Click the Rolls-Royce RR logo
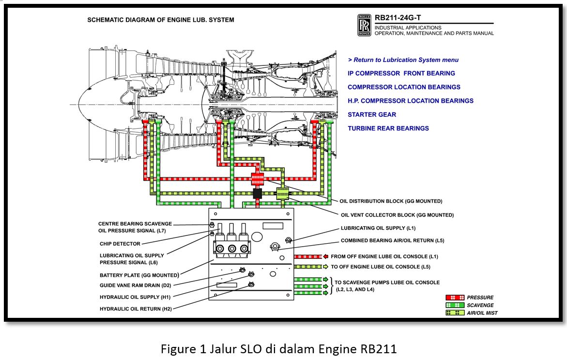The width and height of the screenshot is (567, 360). tap(364, 25)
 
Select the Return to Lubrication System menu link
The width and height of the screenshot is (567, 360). tap(403, 60)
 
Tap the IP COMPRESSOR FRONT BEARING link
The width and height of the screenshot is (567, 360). tap(401, 74)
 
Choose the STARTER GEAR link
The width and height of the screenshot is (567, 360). tap(371, 115)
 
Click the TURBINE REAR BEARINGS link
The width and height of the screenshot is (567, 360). tap(388, 128)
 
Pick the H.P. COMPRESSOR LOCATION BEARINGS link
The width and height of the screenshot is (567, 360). tap(410, 101)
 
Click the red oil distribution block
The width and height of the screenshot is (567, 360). tap(257, 179)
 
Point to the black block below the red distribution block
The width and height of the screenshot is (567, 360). tap(257, 193)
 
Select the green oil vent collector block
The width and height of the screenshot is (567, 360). tap(282, 193)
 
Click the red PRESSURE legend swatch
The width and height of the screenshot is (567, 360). tap(455, 297)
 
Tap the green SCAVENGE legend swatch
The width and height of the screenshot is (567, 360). tap(455, 305)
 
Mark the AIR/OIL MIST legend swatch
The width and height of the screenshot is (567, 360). tap(455, 313)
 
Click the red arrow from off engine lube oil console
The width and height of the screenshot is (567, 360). tap(326, 256)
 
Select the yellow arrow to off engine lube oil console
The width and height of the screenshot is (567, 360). tap(326, 266)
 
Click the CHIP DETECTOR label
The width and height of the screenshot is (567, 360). tap(120, 244)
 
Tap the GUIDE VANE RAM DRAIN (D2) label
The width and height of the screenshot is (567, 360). tap(135, 285)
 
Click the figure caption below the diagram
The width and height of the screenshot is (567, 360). tap(278, 349)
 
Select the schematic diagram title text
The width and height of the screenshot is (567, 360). tap(160, 20)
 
